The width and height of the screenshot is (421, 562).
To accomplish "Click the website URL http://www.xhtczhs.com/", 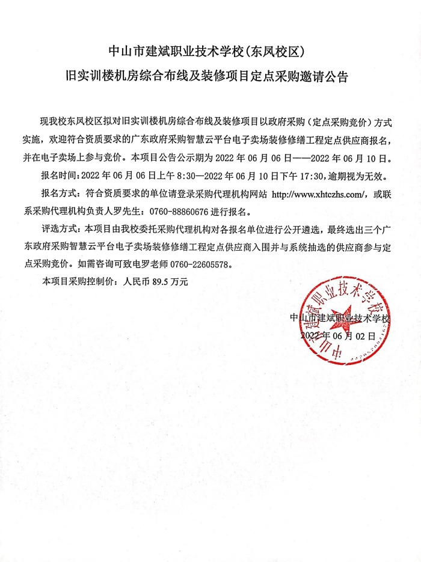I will click(319, 195).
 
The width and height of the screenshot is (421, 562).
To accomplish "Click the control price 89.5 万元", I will click(171, 281).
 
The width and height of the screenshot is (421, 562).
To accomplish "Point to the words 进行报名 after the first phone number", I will click(221, 212).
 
